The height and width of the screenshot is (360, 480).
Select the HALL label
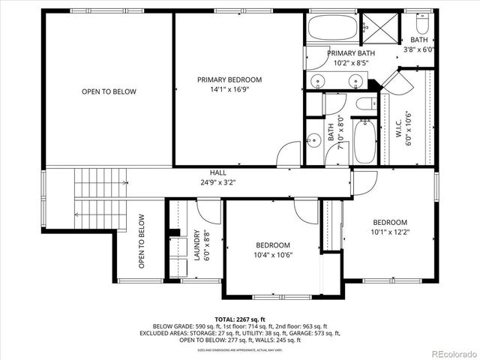pos(217,172)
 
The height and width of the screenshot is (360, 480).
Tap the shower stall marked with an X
pos(382,30)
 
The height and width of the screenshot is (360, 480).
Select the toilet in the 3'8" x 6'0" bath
pos(418,22)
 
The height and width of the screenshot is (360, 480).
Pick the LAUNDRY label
pos(197,244)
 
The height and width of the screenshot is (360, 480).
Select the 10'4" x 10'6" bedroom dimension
pos(272,255)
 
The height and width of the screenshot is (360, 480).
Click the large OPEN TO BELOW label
pos(109,91)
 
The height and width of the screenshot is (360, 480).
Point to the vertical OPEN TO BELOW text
pos(141,241)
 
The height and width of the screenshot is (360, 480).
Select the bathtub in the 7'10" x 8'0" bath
pos(364,141)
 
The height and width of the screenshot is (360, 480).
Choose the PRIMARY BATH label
pos(351,53)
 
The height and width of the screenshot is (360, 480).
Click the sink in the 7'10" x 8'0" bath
pos(311,139)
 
